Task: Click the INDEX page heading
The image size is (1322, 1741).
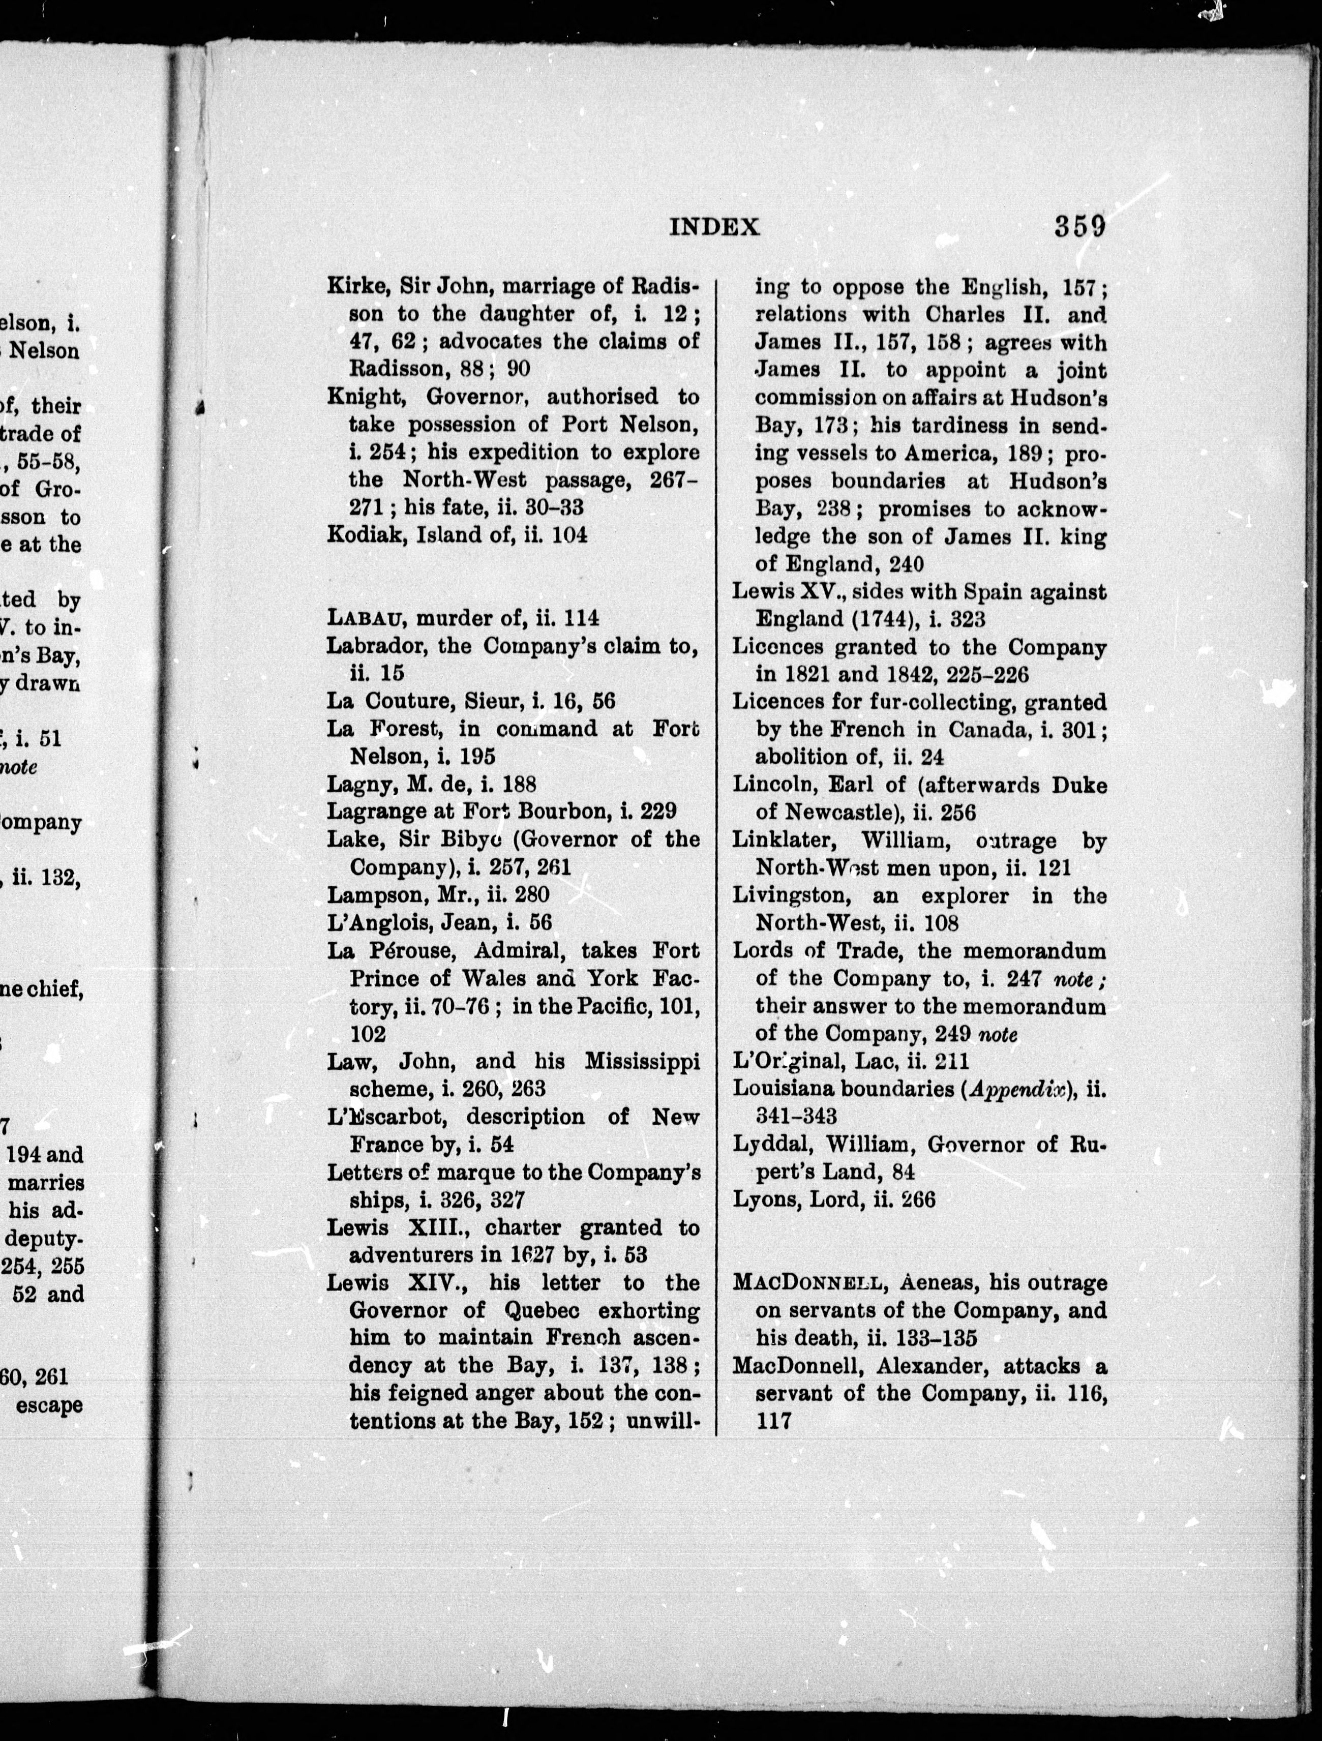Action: click(714, 227)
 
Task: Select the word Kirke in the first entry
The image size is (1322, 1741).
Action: click(356, 286)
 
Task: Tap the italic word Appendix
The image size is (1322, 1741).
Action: click(1019, 1089)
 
